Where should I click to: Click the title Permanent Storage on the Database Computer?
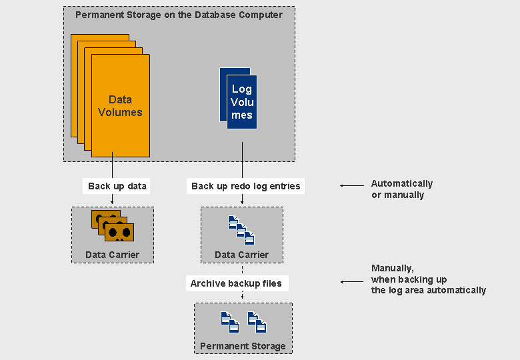tap(179, 15)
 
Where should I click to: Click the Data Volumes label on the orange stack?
tap(120, 106)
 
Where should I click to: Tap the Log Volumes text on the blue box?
tap(242, 102)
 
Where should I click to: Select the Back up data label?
tap(117, 186)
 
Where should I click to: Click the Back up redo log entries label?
tap(246, 186)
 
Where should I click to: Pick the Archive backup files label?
tap(236, 283)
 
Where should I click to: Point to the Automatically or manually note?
tap(402, 189)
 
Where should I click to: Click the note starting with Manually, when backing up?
tap(429, 279)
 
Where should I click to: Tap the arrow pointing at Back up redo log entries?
tap(351, 185)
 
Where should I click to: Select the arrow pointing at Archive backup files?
tap(352, 282)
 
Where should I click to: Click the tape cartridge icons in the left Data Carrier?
tap(113, 226)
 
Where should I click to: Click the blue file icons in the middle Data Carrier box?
tap(241, 231)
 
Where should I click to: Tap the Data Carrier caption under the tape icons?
tap(112, 255)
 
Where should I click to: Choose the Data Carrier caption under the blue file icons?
tap(241, 255)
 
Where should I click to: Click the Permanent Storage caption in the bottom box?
tap(243, 346)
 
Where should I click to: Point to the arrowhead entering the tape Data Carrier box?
tap(112, 202)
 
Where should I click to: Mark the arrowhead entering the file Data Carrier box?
tap(242, 202)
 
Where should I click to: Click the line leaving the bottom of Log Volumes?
tap(242, 161)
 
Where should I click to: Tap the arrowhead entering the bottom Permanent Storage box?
tap(242, 297)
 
